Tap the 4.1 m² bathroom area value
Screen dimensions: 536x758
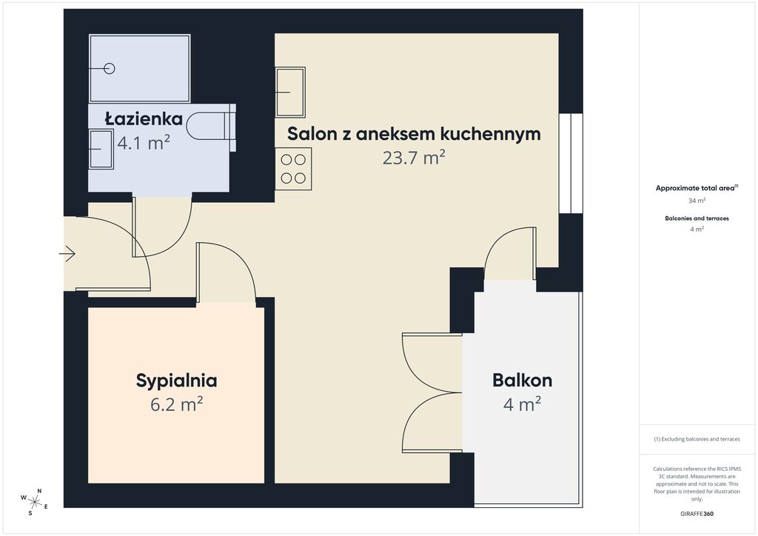pos(144,143)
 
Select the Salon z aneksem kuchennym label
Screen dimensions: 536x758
pos(414,134)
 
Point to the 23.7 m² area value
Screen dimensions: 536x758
pos(414,158)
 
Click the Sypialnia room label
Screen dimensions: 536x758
pos(176,381)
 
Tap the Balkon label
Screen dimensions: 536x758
pos(522,381)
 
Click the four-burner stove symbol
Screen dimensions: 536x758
pos(293,168)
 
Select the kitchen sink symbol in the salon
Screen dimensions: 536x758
pos(290,92)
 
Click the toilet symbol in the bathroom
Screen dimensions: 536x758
pos(210,127)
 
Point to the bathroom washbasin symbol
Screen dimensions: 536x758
pos(101,150)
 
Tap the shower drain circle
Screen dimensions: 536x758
pos(110,69)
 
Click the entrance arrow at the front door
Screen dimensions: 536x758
pos(67,255)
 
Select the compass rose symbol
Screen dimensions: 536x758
pos(34,501)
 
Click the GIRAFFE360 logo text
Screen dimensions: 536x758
pos(697,513)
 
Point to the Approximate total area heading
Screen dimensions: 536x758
pos(696,188)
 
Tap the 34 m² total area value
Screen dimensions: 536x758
pos(696,201)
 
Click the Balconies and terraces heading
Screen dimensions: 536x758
pos(696,218)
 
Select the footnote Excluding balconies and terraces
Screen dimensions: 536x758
pos(696,439)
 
